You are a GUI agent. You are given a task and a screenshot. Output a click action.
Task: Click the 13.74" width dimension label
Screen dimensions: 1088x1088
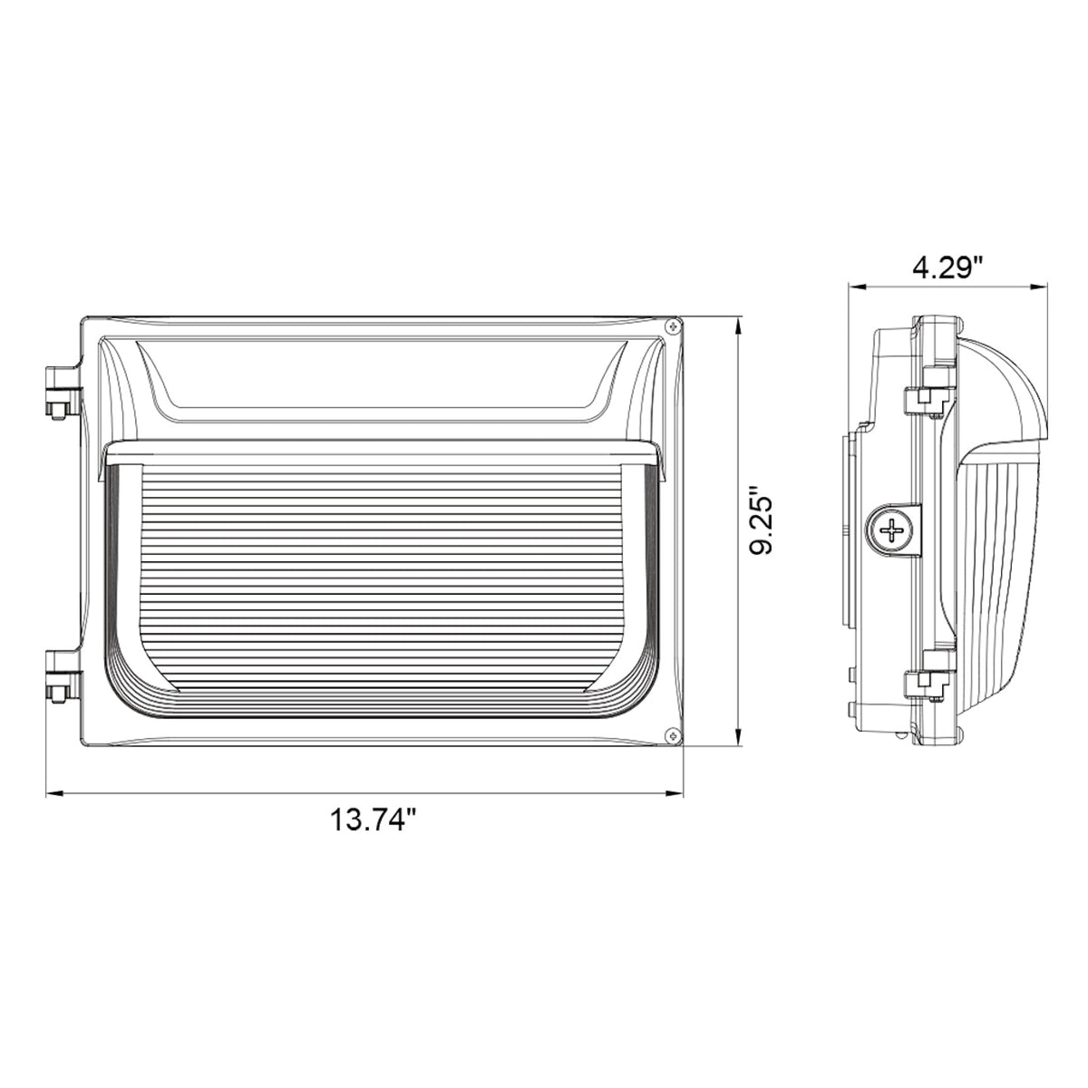click(x=374, y=821)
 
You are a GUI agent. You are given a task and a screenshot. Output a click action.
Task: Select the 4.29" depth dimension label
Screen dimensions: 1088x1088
click(x=948, y=267)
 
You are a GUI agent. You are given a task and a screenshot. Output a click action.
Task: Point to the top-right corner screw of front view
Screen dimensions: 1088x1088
click(x=672, y=326)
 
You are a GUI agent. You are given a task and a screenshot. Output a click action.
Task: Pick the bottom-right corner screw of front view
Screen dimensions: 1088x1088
click(x=672, y=734)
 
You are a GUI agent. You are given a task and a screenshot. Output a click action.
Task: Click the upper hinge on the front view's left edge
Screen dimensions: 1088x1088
click(x=63, y=392)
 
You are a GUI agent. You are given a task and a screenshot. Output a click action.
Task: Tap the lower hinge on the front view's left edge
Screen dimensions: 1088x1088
click(x=63, y=675)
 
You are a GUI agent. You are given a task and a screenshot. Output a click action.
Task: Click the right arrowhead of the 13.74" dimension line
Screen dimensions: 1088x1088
click(x=675, y=794)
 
